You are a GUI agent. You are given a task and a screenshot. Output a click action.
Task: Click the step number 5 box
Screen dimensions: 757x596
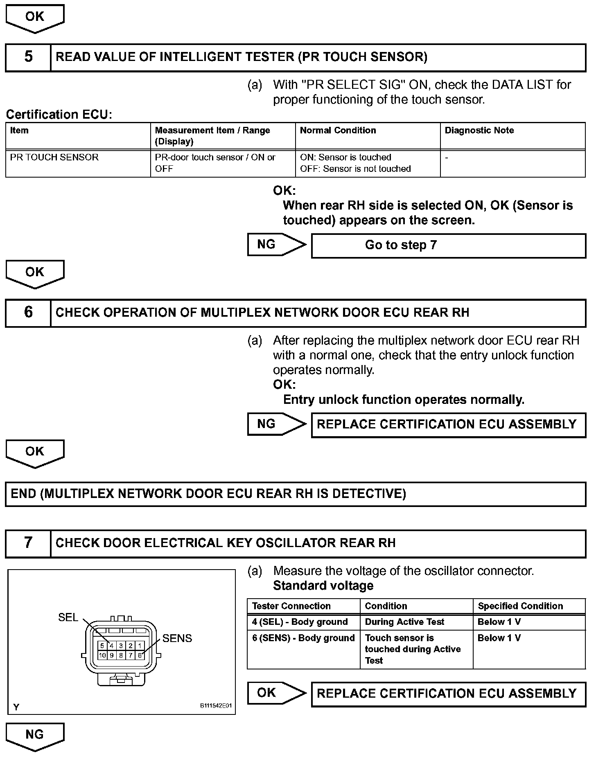click(x=28, y=57)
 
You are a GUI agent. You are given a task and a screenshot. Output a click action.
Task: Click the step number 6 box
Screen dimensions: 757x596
click(x=28, y=313)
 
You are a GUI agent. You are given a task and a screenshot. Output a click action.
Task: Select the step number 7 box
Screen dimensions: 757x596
click(x=28, y=543)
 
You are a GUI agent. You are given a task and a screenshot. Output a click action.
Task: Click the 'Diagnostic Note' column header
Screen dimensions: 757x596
click(x=479, y=131)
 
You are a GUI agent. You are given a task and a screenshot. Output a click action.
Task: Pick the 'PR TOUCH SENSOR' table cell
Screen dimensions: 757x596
click(x=54, y=158)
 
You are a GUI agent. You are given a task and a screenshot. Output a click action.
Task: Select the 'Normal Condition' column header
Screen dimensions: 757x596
click(x=338, y=131)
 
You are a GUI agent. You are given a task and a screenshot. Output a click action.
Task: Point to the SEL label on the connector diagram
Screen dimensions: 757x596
click(x=68, y=617)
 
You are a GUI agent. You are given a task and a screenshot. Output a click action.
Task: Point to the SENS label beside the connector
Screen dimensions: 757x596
click(x=177, y=638)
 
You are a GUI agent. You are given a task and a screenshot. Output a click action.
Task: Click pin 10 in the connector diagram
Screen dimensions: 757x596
click(x=102, y=655)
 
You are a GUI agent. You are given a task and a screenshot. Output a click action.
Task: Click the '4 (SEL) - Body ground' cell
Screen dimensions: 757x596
click(x=300, y=622)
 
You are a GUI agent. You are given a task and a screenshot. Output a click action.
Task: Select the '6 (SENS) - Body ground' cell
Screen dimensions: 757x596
click(x=303, y=638)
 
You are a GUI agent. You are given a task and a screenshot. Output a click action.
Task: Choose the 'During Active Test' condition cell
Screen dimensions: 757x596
click(x=404, y=622)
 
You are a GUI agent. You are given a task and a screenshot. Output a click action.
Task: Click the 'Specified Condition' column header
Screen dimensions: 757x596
click(x=520, y=606)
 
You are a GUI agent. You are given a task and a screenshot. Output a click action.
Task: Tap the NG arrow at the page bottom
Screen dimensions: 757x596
click(x=35, y=736)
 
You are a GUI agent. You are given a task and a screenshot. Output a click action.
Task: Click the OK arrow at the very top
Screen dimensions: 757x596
click(x=35, y=18)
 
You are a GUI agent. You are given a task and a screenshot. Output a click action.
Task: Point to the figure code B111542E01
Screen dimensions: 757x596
click(x=216, y=706)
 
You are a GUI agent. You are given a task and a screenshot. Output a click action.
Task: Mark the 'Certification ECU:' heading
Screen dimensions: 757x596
click(x=59, y=115)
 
